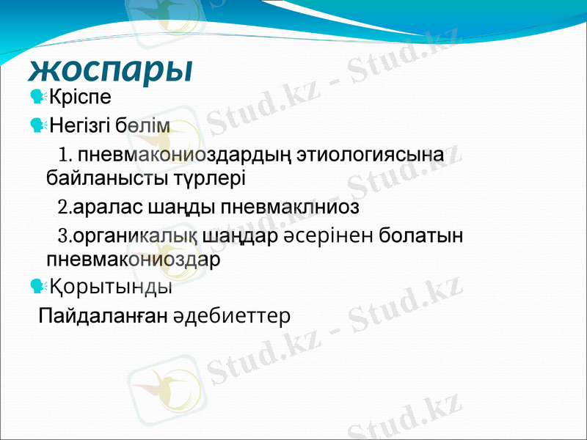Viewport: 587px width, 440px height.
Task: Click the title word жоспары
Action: (x=111, y=69)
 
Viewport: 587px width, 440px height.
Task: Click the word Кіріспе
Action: (x=80, y=96)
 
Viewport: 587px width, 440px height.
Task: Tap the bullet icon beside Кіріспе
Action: (x=37, y=96)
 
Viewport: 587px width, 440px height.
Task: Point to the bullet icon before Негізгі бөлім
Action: (x=37, y=126)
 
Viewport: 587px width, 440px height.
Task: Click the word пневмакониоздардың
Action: (x=186, y=155)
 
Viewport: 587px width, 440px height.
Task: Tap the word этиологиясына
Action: (x=372, y=155)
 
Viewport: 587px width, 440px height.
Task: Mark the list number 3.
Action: (x=63, y=237)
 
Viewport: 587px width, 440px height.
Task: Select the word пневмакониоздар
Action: (x=133, y=260)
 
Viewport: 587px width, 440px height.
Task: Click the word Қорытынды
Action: (x=111, y=287)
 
